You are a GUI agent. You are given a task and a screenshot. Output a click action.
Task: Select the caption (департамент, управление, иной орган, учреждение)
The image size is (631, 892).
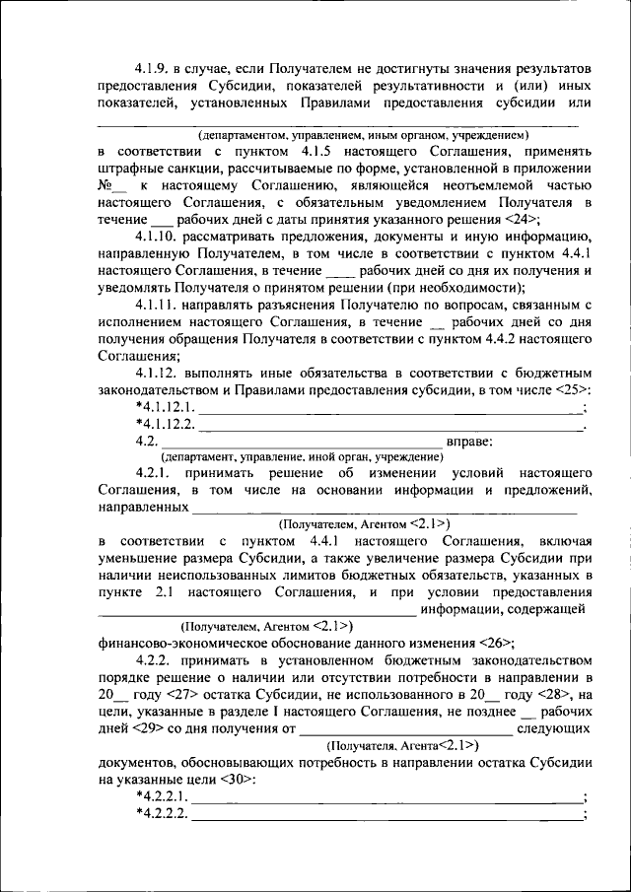tap(303, 456)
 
